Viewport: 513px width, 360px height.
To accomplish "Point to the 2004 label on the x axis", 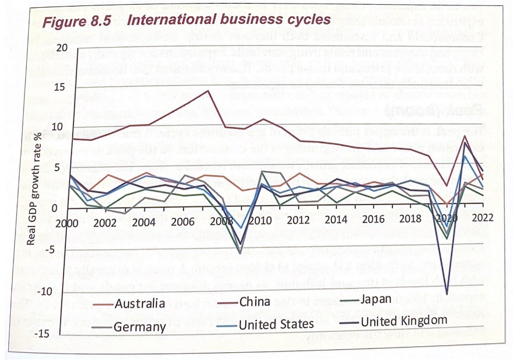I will tap(143, 222).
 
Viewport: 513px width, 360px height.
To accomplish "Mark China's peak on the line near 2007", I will tap(207, 91).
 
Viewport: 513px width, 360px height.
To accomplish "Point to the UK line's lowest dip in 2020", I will tap(447, 293).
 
